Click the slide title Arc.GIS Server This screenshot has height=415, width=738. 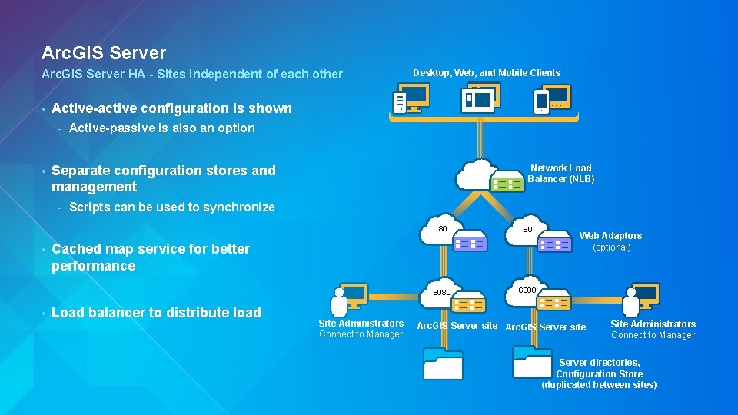[x=104, y=53]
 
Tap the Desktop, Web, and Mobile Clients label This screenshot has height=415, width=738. [x=487, y=73]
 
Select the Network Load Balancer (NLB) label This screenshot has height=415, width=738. [x=560, y=174]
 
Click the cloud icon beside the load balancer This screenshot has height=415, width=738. [x=477, y=175]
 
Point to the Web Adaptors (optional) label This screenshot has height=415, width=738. [x=610, y=241]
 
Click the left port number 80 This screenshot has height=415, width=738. [x=443, y=228]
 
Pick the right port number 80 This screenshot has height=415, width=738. [x=527, y=229]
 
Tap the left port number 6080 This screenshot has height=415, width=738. [x=442, y=293]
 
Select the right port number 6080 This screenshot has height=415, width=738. [x=527, y=290]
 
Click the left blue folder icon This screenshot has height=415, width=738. [x=443, y=362]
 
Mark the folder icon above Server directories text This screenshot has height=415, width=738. [x=532, y=360]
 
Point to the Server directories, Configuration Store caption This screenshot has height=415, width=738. [x=599, y=373]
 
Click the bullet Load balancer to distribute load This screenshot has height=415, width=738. [x=156, y=313]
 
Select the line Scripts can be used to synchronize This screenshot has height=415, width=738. [x=171, y=207]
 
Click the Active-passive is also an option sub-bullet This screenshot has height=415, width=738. [x=161, y=128]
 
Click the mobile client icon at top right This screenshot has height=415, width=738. [x=552, y=99]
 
